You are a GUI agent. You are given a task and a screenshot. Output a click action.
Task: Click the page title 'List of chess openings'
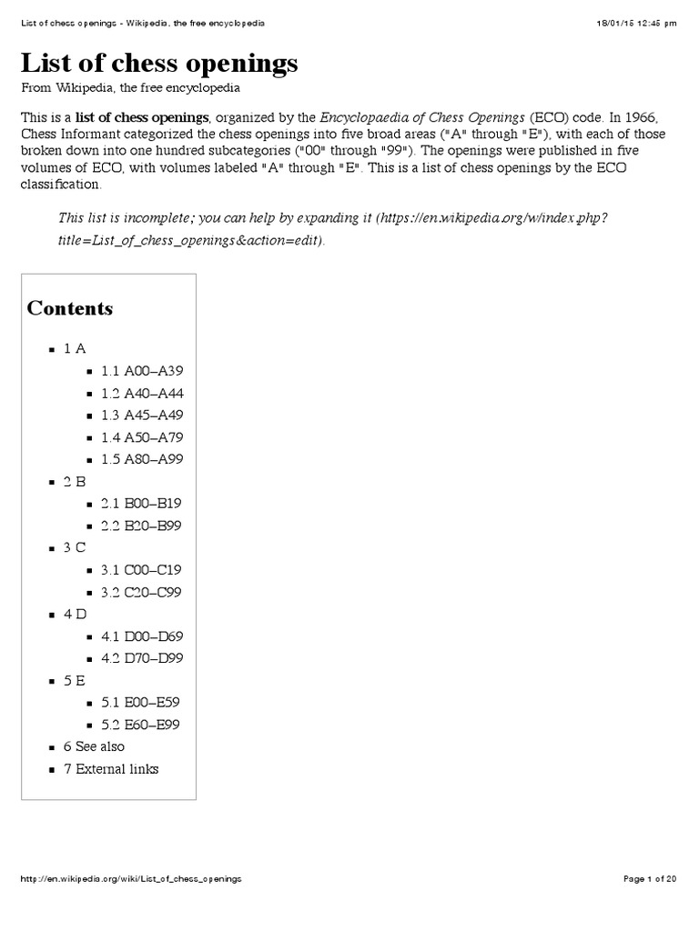pos(160,64)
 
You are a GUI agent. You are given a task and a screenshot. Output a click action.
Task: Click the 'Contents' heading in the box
pos(70,308)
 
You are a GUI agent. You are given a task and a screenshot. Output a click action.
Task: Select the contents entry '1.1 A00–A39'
pos(143,371)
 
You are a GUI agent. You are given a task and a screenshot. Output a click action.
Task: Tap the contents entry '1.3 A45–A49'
pos(143,415)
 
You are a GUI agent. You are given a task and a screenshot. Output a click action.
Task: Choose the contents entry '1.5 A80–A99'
pos(143,459)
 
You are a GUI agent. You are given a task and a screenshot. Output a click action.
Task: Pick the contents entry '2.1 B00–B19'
pos(142,504)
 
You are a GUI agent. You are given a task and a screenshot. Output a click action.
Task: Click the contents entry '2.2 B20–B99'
pos(142,526)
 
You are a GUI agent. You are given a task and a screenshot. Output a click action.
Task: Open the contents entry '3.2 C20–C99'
pos(142,592)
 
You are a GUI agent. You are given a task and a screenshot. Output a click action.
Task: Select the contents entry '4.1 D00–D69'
pos(143,636)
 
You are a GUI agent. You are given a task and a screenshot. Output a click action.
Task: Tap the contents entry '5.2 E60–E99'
pos(142,725)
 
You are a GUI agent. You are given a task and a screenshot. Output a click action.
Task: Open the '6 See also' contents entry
pos(94,746)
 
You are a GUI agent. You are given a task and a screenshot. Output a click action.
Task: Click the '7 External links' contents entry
pos(110,769)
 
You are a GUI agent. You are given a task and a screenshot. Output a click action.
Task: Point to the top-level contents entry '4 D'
pos(75,614)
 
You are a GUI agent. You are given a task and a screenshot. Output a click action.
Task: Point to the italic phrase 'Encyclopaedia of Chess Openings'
pos(422,118)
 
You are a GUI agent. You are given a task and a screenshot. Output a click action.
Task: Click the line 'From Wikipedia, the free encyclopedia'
pos(131,88)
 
